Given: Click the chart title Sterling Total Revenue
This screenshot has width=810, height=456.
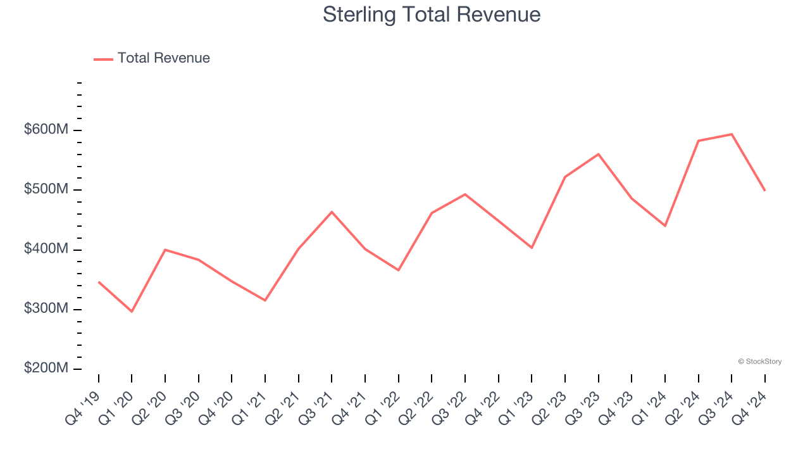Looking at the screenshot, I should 432,14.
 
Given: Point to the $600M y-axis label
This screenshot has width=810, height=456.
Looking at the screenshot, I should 46,130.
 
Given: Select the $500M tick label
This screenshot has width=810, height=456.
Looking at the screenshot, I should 46,189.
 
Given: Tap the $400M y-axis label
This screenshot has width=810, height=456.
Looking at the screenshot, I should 46,249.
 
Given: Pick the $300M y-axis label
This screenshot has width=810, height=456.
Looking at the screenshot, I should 46,308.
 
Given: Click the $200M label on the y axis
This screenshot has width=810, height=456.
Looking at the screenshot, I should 46,368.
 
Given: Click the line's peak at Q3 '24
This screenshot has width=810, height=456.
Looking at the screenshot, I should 732,134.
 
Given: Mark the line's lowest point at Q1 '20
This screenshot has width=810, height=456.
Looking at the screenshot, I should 132,312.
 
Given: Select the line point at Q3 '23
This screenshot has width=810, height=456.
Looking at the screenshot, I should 598,154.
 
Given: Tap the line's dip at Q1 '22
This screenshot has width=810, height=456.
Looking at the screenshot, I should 399,270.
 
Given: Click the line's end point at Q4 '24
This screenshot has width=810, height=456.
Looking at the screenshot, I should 765,191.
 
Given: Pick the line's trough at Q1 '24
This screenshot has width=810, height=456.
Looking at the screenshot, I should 665,226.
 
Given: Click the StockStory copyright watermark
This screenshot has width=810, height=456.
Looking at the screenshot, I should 759,362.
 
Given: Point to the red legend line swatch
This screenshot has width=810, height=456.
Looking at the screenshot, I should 103,59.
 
